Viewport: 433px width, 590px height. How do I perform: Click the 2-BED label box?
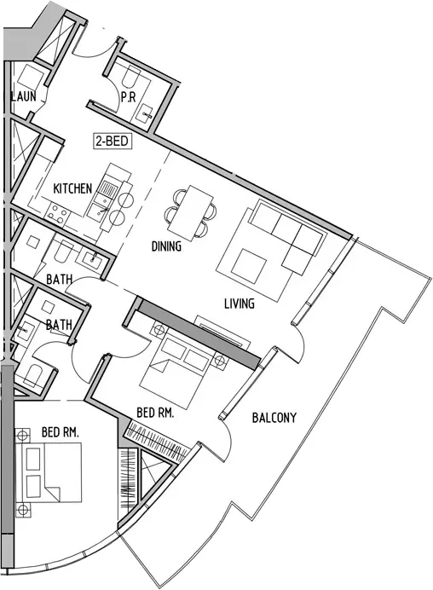point(113,142)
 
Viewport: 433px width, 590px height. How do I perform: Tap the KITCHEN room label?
point(72,188)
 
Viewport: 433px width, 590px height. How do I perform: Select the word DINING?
point(166,246)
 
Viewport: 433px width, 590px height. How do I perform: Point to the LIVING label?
point(240,304)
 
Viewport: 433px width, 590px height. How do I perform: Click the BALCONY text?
point(274,418)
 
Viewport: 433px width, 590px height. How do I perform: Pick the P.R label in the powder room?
point(129,97)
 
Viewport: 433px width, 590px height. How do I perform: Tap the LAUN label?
point(23,96)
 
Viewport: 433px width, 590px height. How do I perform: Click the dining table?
point(190,213)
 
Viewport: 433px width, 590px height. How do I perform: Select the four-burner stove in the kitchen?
point(57,213)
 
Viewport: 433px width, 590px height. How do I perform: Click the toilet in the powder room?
point(131,76)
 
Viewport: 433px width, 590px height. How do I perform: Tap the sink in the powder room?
point(144,114)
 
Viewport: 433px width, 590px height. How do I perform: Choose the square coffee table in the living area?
point(249,266)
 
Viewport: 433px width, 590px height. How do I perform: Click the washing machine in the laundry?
point(31,78)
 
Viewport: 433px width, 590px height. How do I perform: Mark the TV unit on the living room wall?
point(222,333)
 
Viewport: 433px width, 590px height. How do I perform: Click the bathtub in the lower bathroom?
point(34,375)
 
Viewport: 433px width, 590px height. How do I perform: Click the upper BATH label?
point(60,280)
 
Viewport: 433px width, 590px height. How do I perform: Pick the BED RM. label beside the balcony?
point(155,414)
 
